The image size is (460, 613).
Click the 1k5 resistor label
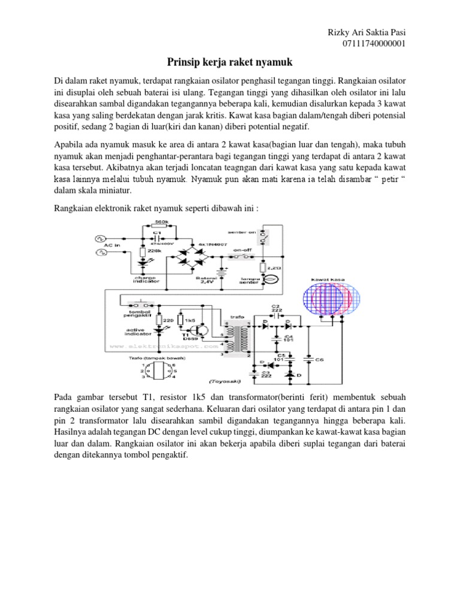190,321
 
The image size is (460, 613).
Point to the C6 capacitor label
320,360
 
